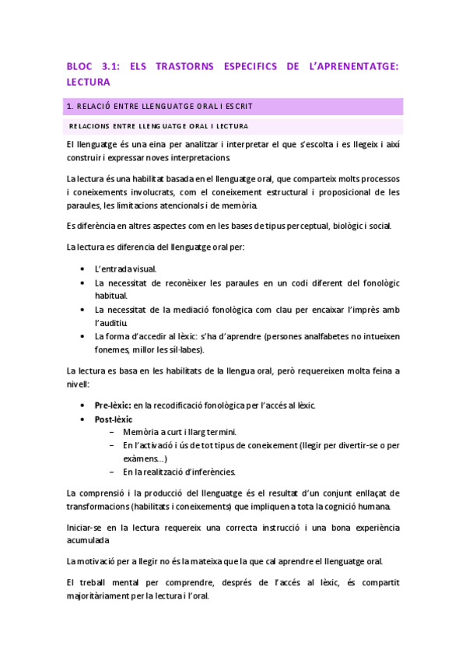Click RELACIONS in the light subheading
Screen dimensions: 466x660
point(89,125)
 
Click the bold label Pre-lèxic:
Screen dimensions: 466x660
point(113,405)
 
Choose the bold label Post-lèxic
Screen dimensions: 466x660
point(114,420)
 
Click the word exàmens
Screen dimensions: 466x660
point(141,458)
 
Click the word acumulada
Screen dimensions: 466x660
point(88,540)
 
